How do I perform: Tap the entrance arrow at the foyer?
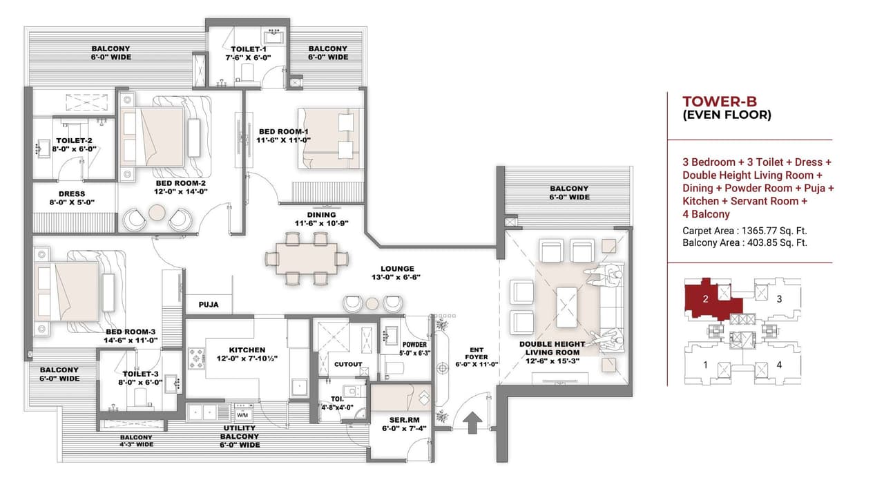click(x=473, y=421)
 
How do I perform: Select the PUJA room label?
click(x=209, y=304)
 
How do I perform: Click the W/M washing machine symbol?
click(x=242, y=415)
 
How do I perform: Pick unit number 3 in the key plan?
click(x=779, y=299)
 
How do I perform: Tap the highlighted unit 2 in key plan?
click(x=706, y=300)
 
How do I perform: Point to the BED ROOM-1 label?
click(x=283, y=131)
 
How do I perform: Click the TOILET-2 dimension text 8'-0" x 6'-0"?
click(x=74, y=149)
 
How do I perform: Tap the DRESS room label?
click(x=73, y=194)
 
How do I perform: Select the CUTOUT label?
click(x=348, y=363)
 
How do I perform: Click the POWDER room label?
click(x=415, y=344)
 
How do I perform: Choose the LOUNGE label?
click(x=397, y=269)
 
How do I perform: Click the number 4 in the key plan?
click(x=779, y=365)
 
